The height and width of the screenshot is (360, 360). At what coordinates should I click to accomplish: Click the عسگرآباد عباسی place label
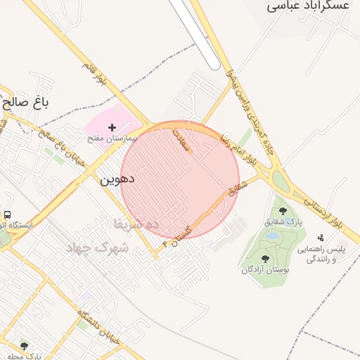(308, 6)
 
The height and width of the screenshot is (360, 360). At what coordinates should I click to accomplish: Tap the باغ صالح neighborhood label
(26, 103)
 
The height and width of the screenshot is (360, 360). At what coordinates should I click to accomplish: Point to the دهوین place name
(117, 180)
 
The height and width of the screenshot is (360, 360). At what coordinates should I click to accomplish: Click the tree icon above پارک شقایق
(283, 210)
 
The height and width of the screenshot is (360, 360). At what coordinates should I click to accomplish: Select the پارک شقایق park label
(283, 222)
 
